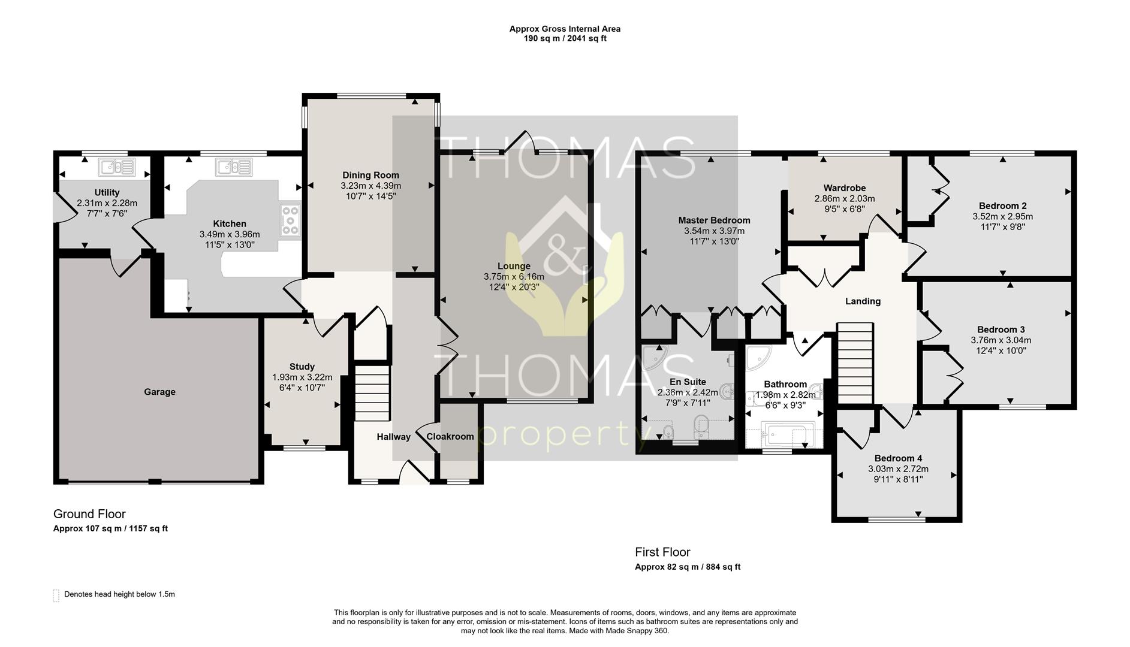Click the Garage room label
point(159,392)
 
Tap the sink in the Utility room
point(117,167)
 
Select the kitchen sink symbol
point(234,167)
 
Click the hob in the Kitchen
point(290,219)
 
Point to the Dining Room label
point(370,176)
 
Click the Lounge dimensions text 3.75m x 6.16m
point(514,277)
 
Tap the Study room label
point(302,367)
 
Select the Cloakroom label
point(450,437)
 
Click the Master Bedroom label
point(714,220)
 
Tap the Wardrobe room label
point(844,188)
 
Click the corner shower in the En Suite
point(655,357)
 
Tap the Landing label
point(863,301)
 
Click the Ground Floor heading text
point(89,514)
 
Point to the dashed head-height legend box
point(56,595)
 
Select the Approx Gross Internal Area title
point(565,29)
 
